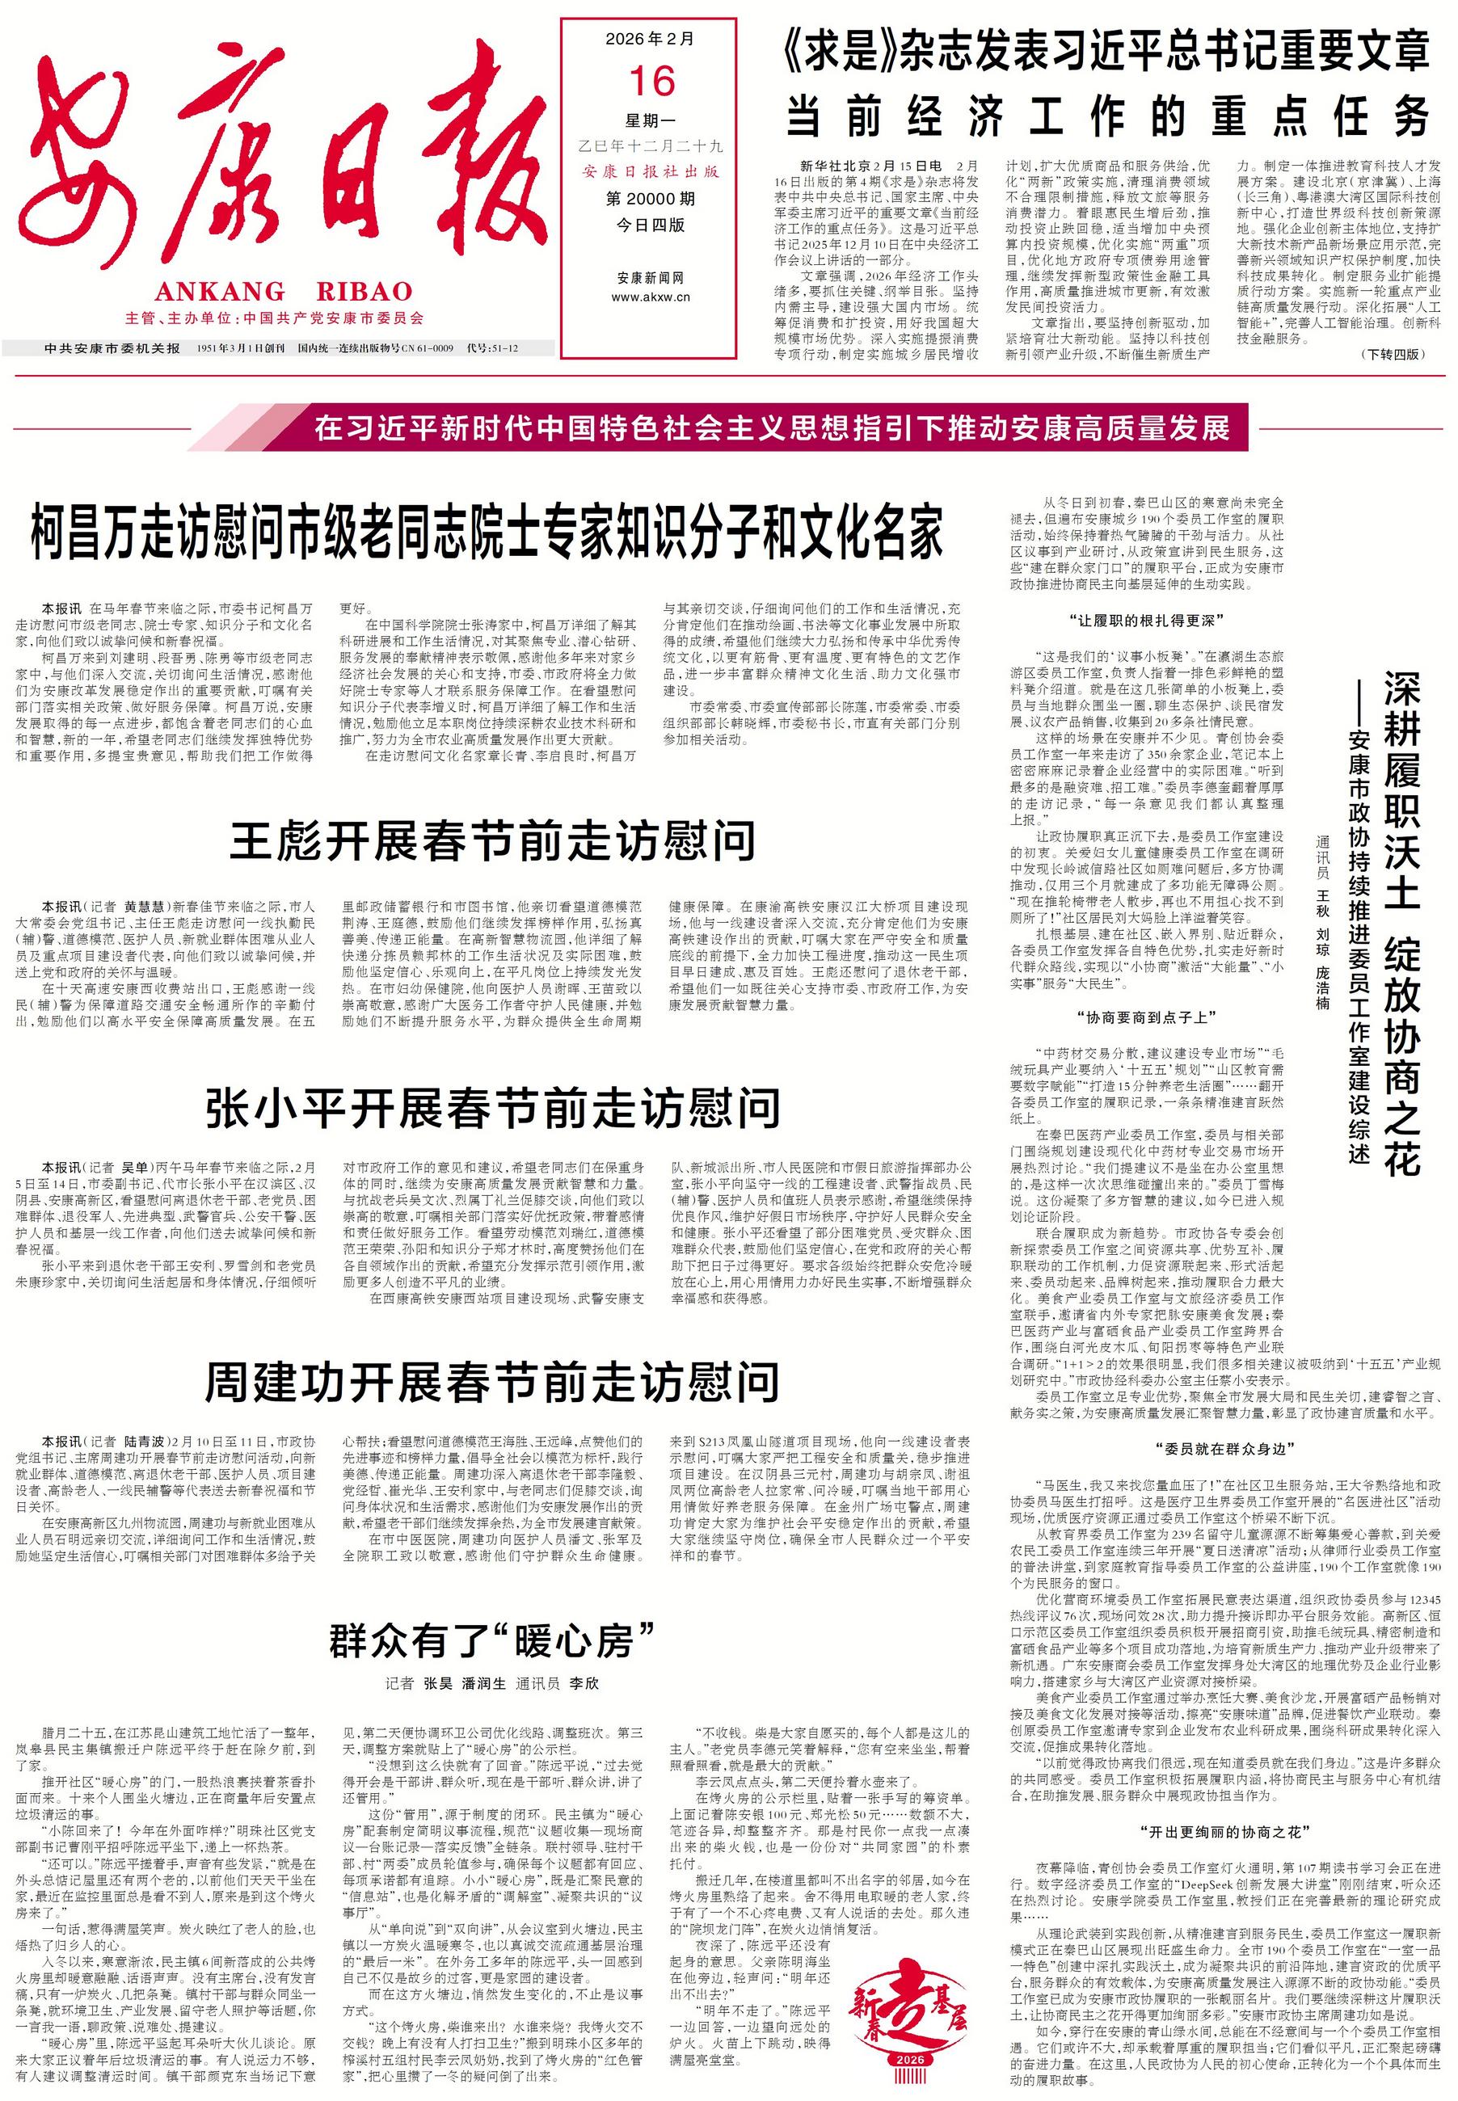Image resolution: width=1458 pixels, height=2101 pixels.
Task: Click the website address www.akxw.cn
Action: [x=650, y=297]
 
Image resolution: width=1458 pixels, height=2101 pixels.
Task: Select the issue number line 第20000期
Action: [x=650, y=198]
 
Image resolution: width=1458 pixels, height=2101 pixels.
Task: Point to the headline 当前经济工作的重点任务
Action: [x=1108, y=116]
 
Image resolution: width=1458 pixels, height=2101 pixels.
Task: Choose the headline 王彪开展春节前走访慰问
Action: [x=493, y=841]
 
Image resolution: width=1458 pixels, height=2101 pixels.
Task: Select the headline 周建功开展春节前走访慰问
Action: [x=493, y=1382]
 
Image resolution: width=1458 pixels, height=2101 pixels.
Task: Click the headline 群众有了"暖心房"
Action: [x=493, y=1641]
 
